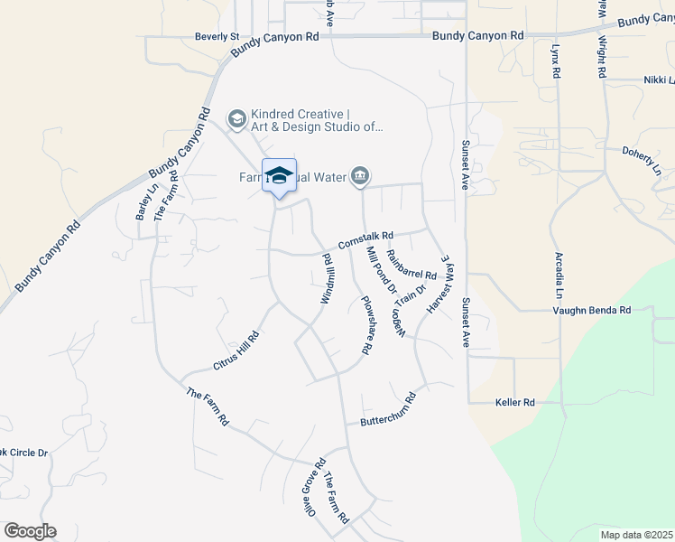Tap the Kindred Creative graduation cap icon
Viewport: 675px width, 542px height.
click(x=236, y=118)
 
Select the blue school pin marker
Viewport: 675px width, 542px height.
click(x=279, y=176)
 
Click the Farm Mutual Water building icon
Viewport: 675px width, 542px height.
click(x=360, y=175)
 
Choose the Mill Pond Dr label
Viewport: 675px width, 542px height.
click(x=380, y=270)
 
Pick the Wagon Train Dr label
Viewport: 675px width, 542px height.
click(x=406, y=309)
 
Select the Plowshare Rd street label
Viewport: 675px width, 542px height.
click(x=366, y=324)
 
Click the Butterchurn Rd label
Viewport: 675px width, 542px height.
click(x=388, y=410)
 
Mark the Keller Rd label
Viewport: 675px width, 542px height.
click(x=515, y=402)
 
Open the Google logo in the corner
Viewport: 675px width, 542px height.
click(x=30, y=531)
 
